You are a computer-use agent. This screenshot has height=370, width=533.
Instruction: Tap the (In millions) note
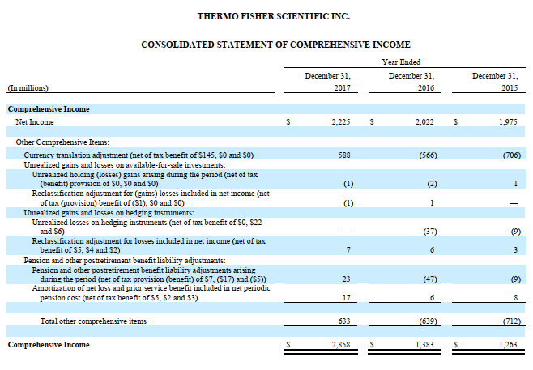pyautogui.click(x=28, y=87)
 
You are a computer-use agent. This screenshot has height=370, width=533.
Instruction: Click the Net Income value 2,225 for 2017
pyautogui.click(x=340, y=121)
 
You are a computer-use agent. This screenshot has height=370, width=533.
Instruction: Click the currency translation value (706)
pyautogui.click(x=505, y=154)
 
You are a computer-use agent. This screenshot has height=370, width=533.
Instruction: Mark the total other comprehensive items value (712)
pyautogui.click(x=505, y=321)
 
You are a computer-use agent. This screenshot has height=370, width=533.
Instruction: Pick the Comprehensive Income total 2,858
pyautogui.click(x=340, y=345)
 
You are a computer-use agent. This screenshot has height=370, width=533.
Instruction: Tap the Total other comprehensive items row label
pyautogui.click(x=93, y=321)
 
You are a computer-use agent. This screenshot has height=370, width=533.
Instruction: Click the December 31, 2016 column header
pyautogui.click(x=411, y=81)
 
